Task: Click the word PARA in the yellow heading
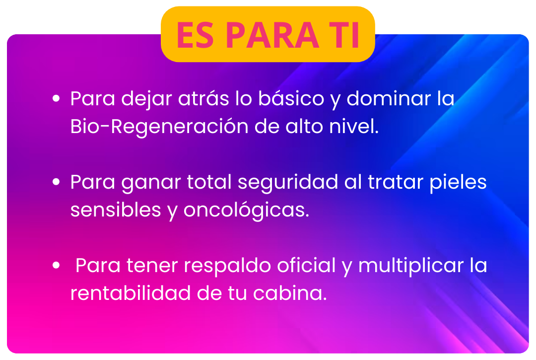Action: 272,35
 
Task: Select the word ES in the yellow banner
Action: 195,35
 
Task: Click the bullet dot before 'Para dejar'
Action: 56,99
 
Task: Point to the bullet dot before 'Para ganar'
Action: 56,182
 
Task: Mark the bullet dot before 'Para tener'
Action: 56,265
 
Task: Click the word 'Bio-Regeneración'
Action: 159,127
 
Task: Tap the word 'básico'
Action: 291,98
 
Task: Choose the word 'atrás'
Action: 203,99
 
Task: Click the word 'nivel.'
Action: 354,126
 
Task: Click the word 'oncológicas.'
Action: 246,211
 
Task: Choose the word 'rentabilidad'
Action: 130,293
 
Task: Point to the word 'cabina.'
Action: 290,293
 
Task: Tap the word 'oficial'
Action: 306,265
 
